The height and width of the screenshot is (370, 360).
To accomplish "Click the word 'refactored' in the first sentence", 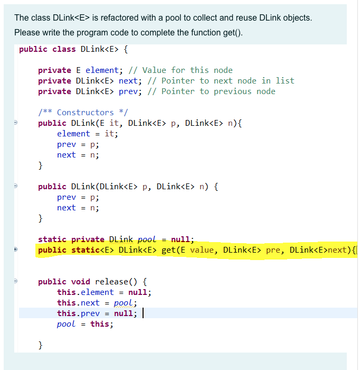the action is coord(112,18).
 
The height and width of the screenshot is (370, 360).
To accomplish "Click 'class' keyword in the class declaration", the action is coord(64,49).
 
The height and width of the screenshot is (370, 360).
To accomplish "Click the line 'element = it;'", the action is coord(88,134).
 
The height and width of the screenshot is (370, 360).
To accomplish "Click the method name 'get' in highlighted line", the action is coord(168,250).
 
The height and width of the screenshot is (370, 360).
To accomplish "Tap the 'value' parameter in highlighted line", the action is coord(202,250).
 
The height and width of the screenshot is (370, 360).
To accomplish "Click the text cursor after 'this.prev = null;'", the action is coord(144,313).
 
